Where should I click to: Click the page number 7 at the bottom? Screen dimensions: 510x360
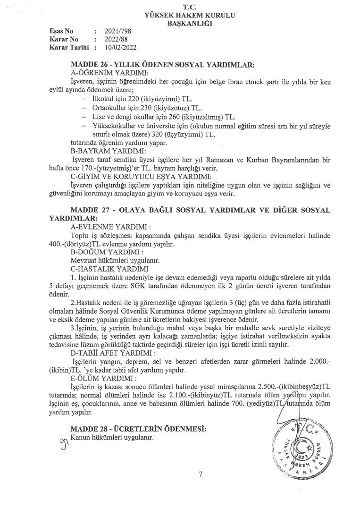pyautogui.click(x=201, y=475)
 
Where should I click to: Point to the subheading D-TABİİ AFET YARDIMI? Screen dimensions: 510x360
pyautogui.click(x=109, y=353)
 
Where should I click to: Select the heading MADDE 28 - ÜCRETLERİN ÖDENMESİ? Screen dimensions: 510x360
pyautogui.click(x=139, y=428)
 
